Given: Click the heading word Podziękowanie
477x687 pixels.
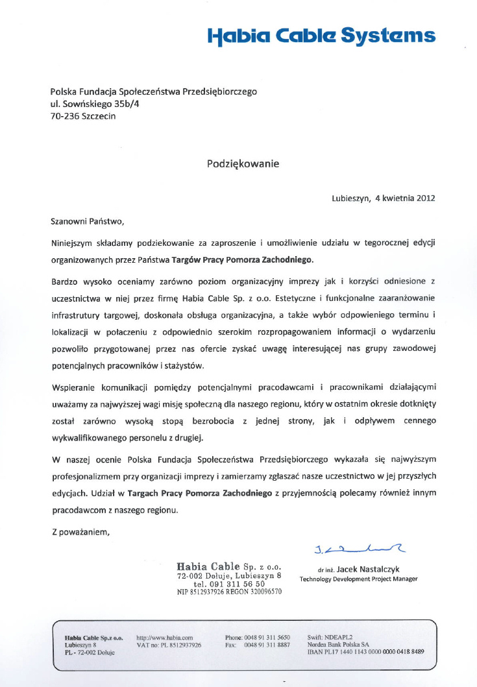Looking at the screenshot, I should point(243,163).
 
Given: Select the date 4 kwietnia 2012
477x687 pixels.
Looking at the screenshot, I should point(405,199).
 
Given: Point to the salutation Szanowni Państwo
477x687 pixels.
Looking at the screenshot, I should point(86,221).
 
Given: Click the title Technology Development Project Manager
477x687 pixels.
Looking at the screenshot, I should point(358,579).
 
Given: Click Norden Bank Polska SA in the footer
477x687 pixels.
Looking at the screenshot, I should point(338,645).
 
